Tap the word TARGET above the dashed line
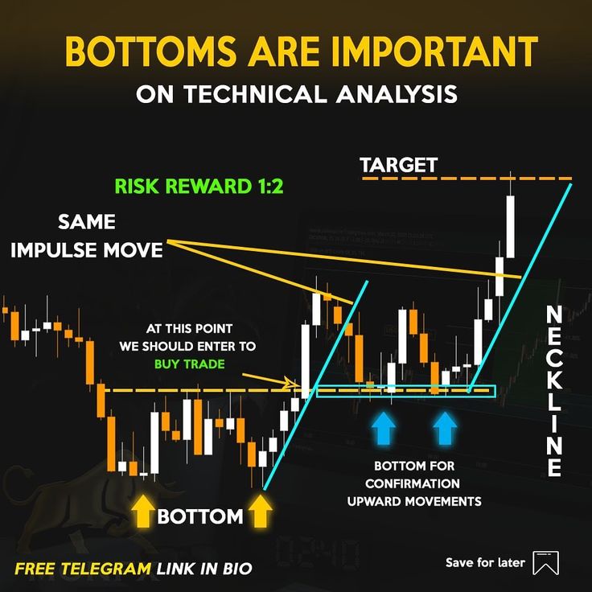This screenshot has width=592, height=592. [x=399, y=166]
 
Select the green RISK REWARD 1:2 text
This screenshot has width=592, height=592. [x=199, y=186]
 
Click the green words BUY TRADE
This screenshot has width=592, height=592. [x=190, y=364]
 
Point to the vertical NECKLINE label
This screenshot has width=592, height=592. [x=554, y=390]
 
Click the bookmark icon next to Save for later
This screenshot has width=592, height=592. [x=545, y=562]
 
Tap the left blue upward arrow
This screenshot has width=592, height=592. [x=383, y=428]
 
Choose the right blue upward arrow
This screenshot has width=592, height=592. [x=445, y=428]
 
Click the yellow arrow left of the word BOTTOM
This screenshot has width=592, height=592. [x=143, y=512]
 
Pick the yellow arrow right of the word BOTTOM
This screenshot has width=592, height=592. [x=260, y=512]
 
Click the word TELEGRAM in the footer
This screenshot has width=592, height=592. [x=106, y=569]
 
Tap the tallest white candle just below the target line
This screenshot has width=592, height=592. [x=511, y=227]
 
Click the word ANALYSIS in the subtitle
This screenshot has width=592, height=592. [x=397, y=94]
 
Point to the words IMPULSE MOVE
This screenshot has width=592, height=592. [x=87, y=250]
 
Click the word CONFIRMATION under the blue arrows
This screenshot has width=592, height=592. [x=413, y=483]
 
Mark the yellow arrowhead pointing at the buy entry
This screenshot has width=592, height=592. [x=294, y=383]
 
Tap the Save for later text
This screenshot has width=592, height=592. [x=485, y=562]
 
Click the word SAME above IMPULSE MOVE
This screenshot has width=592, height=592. [x=87, y=222]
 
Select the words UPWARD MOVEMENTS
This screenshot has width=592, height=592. [x=414, y=501]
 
